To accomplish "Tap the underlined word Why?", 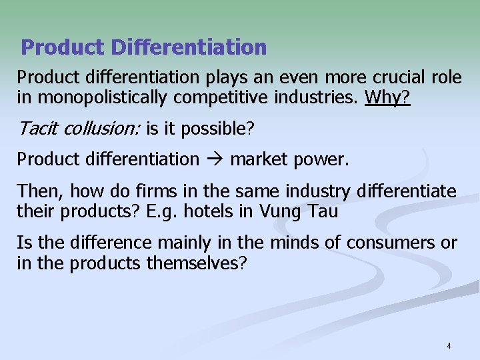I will (388, 99).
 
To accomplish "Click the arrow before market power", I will (214, 159).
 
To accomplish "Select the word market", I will (258, 159).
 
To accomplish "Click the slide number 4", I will (449, 345).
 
